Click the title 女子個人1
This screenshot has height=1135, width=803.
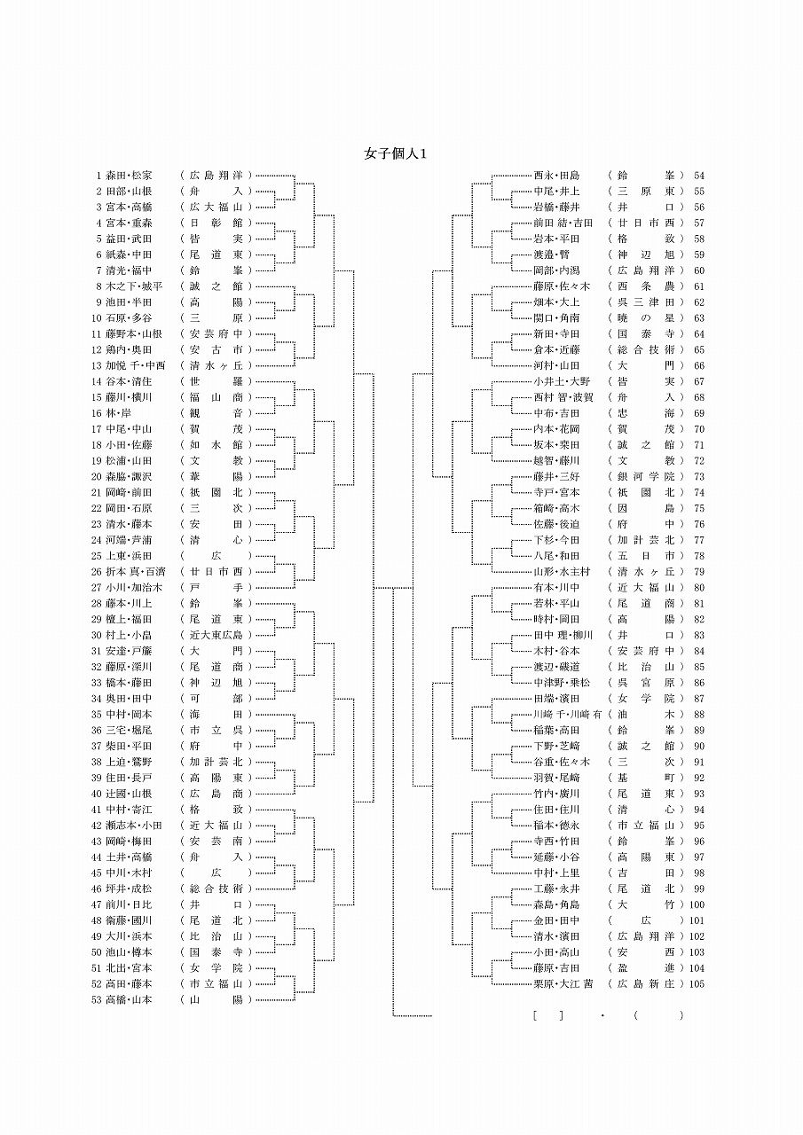(x=397, y=153)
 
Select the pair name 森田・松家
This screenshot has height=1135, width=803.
(x=129, y=176)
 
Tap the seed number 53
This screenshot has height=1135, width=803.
(x=98, y=999)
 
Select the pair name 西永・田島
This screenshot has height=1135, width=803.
(x=556, y=176)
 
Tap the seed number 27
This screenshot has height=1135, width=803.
(x=98, y=587)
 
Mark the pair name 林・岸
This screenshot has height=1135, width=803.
(x=119, y=413)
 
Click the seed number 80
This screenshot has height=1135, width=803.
(x=699, y=587)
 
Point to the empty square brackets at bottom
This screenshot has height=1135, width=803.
(x=548, y=1015)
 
